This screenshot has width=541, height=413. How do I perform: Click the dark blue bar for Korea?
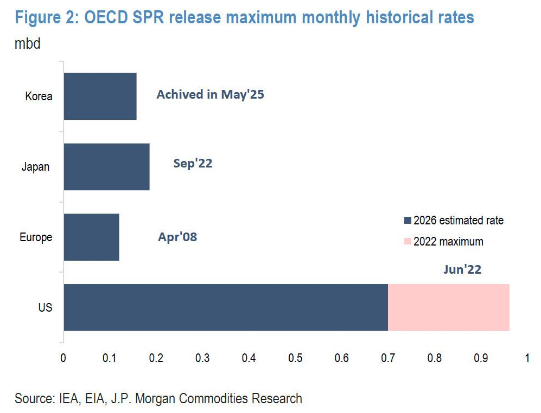pos(100,96)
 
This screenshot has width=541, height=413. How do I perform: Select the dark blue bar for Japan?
pos(106,167)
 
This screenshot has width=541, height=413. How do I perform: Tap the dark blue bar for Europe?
pos(91,237)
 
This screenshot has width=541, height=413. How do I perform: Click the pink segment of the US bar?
pos(448,307)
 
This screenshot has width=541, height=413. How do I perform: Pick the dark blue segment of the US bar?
pos(226,307)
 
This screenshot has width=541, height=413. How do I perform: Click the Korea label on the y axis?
pos(39,96)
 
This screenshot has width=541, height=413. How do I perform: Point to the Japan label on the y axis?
pos(35,167)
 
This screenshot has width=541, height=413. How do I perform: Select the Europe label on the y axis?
pos(36,237)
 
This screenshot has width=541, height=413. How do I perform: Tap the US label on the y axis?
pos(45,307)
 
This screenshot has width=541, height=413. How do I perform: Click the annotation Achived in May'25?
pos(210,94)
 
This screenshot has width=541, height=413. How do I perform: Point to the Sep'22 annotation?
pos(193,163)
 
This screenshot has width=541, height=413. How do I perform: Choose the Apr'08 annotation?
pos(177,237)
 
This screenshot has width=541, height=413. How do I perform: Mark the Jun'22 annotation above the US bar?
pos(462,269)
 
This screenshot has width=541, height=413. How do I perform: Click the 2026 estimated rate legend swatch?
pos(408,221)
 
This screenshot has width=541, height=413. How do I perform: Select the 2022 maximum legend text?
pos(448,242)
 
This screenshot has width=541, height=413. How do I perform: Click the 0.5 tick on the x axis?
pos(295,358)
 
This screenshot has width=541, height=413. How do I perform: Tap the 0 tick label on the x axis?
pos(63,358)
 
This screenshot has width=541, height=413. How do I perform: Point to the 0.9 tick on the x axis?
pos(481,358)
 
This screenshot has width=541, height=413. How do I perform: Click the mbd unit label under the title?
pos(28,44)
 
